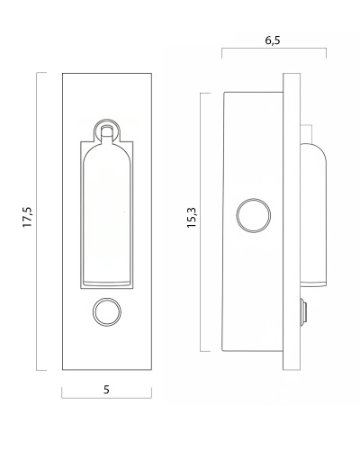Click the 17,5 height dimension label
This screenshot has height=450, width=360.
point(27,217)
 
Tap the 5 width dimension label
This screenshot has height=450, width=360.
point(106,390)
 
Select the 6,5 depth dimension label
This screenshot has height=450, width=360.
point(273,40)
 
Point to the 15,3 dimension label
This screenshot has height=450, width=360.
point(192,218)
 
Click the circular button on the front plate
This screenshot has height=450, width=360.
point(107,312)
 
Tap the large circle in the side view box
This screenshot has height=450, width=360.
point(254,215)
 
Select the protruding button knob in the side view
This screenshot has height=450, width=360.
point(303,311)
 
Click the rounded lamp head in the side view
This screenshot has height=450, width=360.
point(313,214)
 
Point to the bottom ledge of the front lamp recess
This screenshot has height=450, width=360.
point(107,283)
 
